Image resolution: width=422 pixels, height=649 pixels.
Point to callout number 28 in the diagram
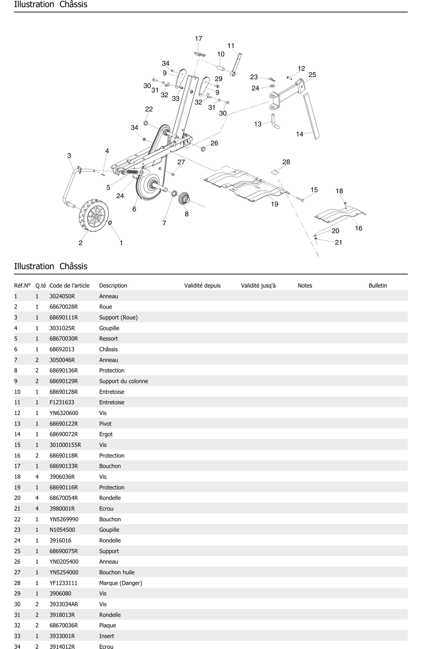click(286, 162)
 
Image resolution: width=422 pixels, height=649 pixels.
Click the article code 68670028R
click(64, 307)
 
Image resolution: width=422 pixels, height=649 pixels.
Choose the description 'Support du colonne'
click(123, 381)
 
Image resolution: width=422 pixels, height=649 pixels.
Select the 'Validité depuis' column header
click(202, 285)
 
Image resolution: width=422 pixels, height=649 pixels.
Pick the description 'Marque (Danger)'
click(120, 583)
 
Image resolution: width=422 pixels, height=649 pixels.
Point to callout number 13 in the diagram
click(258, 124)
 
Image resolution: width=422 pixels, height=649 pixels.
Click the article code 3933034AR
click(64, 604)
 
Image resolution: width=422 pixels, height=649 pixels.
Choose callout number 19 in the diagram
click(274, 204)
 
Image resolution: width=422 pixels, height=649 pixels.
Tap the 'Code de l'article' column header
click(69, 285)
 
